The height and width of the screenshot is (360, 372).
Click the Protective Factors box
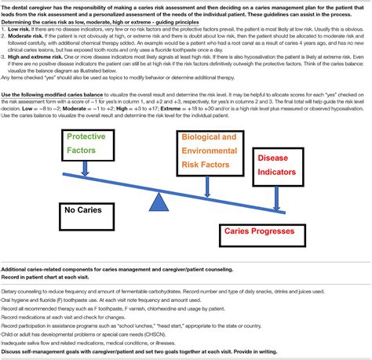pyautogui.click(x=86, y=142)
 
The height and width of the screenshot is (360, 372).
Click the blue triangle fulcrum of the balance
pyautogui.click(x=160, y=200)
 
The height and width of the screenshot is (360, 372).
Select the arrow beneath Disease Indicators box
pyautogui.click(x=276, y=194)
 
